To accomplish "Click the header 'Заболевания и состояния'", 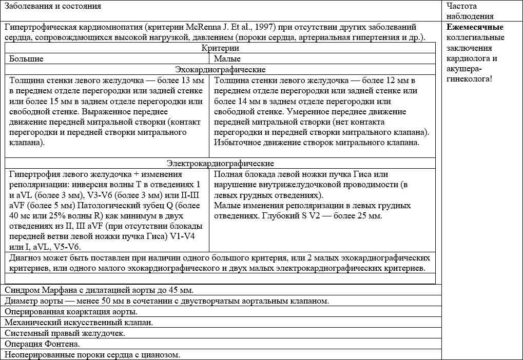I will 53,6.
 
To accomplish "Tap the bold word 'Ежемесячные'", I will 475,27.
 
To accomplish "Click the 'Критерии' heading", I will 220,48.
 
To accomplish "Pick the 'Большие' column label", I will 26,59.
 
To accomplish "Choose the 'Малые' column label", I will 227,59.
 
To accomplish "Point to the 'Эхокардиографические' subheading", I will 220,69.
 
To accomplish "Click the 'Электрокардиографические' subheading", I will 220,164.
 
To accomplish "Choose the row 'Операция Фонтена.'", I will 42,344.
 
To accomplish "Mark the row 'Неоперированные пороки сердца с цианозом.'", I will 92,355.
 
